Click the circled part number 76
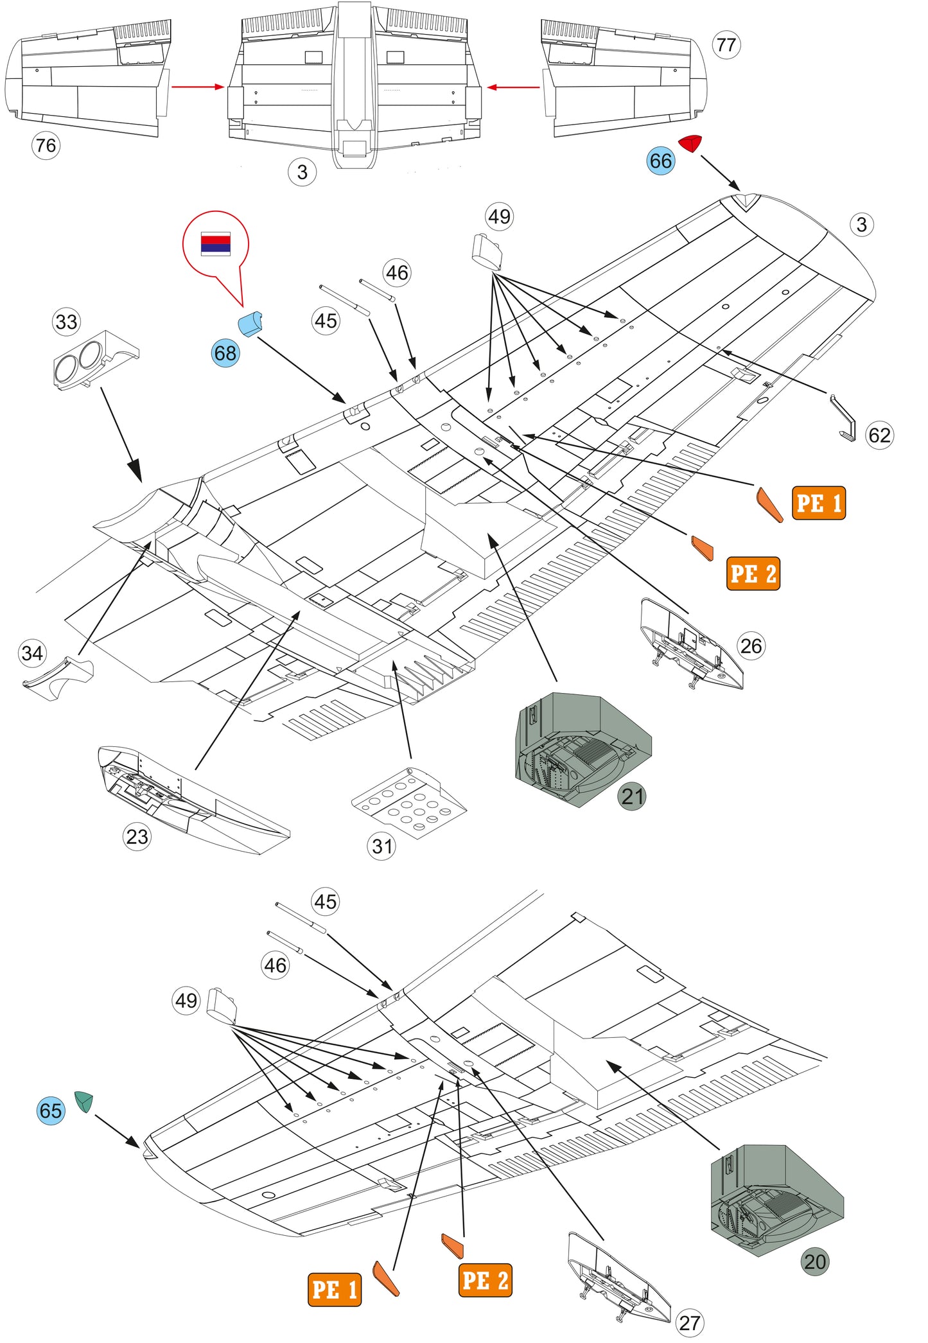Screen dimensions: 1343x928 click(46, 145)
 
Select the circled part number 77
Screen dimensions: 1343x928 click(726, 45)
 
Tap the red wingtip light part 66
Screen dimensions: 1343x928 click(691, 143)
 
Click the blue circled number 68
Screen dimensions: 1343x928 click(225, 353)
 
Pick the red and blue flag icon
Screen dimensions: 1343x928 click(215, 243)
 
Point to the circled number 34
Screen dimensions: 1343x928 click(32, 653)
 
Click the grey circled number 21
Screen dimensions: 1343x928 click(633, 796)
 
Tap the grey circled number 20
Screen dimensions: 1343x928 click(815, 1261)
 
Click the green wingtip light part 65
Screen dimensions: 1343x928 click(83, 1101)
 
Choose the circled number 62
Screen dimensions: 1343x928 click(879, 435)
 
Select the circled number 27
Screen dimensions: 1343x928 click(689, 1323)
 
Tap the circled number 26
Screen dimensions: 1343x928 click(751, 645)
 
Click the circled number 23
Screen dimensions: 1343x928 click(137, 836)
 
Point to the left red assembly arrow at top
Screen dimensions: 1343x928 click(198, 87)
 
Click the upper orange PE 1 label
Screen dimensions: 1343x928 click(818, 503)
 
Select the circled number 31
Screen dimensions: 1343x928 click(382, 846)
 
